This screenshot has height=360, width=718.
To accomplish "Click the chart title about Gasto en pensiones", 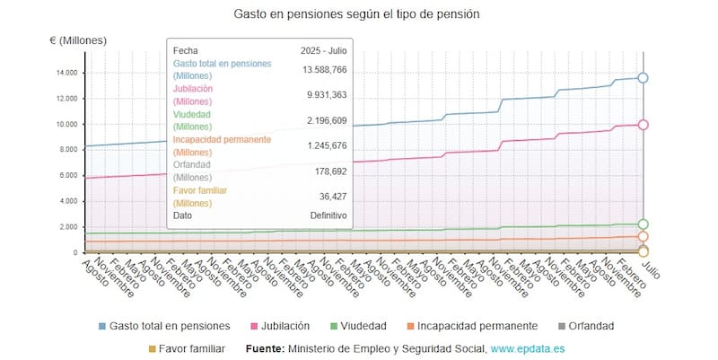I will tap(356, 14).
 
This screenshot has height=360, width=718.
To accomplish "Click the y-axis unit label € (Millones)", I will tap(78, 40).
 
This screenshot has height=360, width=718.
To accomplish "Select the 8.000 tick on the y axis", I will tap(66, 150).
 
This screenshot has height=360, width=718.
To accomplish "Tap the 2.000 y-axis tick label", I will tap(66, 227).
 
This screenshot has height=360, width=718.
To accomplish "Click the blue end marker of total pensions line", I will tap(643, 78).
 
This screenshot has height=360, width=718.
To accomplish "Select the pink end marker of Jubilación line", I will tap(643, 125).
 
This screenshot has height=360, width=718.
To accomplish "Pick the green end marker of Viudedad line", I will tap(643, 224).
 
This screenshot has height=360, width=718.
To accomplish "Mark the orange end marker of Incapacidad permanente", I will tap(643, 237).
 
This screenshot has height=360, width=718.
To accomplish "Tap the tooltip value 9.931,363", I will tap(324, 95).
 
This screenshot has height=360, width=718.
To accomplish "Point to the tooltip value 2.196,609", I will tap(324, 120).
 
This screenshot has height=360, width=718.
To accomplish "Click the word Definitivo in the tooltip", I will tap(328, 215).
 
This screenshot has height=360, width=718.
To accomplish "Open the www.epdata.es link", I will tap(528, 348).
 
